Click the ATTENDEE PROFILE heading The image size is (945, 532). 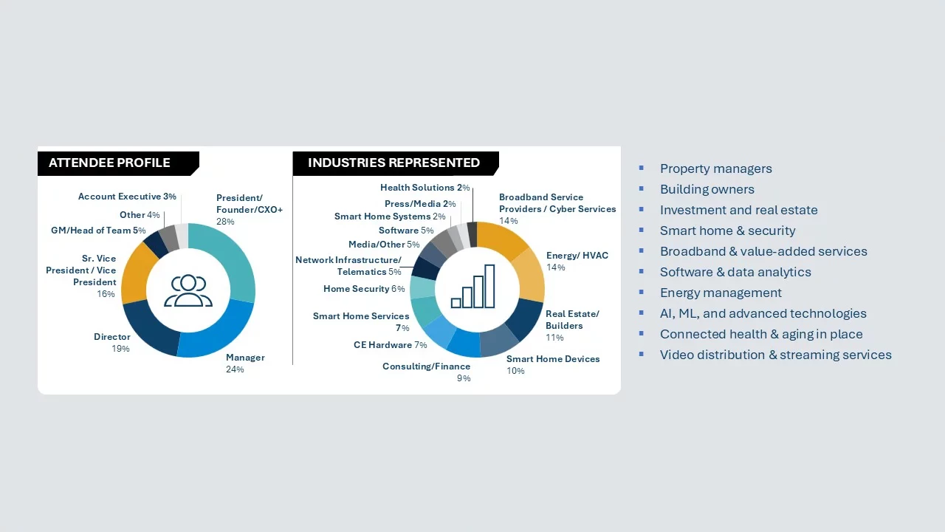[x=109, y=163]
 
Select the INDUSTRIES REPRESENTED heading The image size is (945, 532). [x=394, y=163]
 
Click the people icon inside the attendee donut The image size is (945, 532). [x=188, y=290]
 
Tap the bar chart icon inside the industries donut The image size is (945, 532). [x=473, y=286]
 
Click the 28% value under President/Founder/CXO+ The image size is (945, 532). [x=225, y=221]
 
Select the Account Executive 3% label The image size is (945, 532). [x=127, y=197]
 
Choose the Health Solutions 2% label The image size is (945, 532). [x=425, y=188]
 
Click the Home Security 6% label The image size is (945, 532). [x=364, y=289]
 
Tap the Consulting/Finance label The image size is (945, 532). [x=426, y=366]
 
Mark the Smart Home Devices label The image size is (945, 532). [x=553, y=359]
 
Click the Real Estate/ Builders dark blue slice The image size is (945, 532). [x=525, y=318]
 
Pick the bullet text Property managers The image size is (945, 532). [x=716, y=168]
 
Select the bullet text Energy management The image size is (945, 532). [x=721, y=293]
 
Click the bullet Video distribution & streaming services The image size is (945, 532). [x=775, y=355]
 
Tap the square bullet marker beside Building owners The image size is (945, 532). [x=642, y=188]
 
